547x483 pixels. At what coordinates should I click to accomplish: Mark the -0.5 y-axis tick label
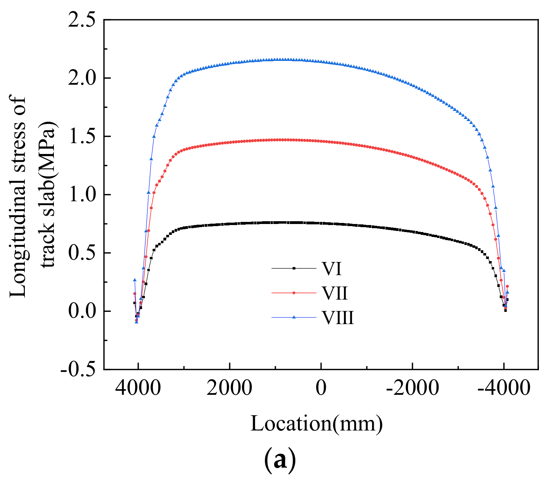click(78, 370)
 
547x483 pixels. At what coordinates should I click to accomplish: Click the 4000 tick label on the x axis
click(138, 388)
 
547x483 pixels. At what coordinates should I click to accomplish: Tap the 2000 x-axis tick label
click(230, 388)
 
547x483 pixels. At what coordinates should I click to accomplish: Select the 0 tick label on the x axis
click(321, 388)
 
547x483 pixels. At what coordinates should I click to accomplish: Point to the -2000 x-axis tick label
click(412, 388)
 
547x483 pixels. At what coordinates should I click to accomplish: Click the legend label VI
click(331, 269)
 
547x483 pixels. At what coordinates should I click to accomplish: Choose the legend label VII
click(335, 293)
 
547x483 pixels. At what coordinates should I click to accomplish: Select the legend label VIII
click(338, 318)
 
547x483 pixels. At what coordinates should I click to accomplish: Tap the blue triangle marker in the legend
click(294, 317)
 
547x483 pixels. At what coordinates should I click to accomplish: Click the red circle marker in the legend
click(294, 293)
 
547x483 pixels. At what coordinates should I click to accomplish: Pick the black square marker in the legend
click(294, 268)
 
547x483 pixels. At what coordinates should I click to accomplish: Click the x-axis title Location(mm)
click(316, 423)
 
